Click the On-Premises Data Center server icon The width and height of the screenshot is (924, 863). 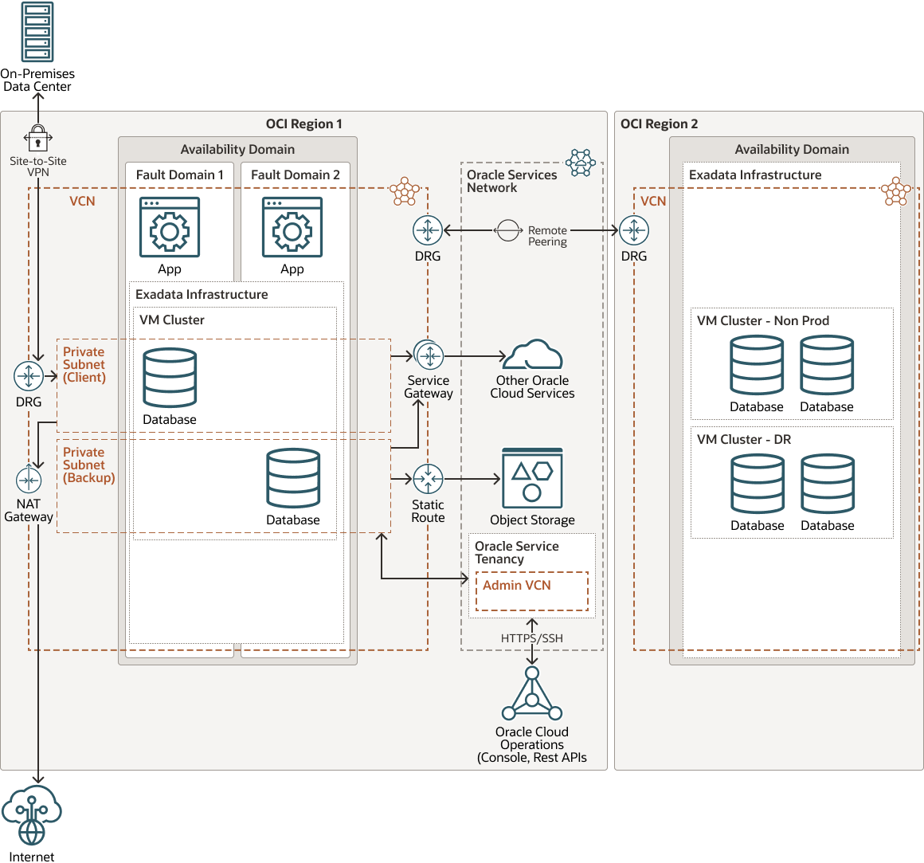[x=37, y=33]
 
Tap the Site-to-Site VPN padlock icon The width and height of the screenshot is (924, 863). [x=37, y=138]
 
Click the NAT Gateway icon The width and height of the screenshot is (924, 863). [x=29, y=481]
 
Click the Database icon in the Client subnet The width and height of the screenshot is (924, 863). [x=170, y=378]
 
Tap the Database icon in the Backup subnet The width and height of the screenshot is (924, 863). [x=293, y=479]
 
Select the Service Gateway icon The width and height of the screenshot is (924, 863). [x=429, y=355]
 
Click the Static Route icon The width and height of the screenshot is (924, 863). [x=429, y=479]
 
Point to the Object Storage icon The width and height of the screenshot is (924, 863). [x=532, y=478]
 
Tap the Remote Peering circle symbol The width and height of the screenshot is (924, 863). [x=508, y=230]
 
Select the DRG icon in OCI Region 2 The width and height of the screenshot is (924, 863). [x=634, y=230]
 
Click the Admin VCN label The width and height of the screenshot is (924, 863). [x=517, y=586]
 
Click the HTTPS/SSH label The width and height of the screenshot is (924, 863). [x=532, y=638]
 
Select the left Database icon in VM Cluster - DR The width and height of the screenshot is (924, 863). [x=758, y=484]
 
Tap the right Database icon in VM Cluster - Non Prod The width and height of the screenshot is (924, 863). [x=827, y=365]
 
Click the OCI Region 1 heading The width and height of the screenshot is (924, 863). [x=303, y=124]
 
